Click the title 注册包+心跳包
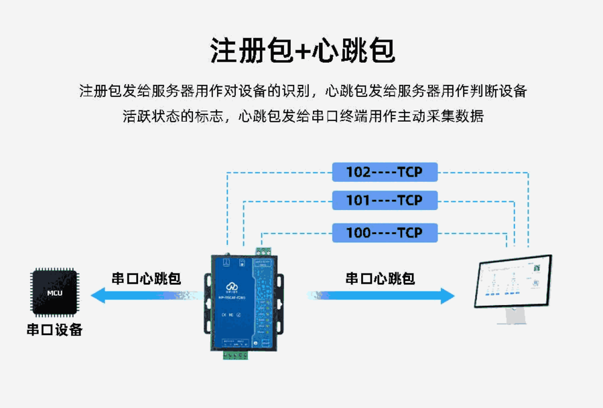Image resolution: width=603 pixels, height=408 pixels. coord(301,50)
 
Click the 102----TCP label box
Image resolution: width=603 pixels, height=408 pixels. coord(385,173)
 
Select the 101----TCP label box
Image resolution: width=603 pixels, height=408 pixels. coord(385,201)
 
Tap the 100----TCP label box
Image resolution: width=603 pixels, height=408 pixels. coord(385,233)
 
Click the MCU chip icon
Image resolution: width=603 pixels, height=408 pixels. coord(55,292)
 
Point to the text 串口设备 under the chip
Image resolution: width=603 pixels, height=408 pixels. coord(55,330)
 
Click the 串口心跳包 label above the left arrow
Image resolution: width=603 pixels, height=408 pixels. coord(146,278)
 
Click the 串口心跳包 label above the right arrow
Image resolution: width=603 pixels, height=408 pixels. coord(380,278)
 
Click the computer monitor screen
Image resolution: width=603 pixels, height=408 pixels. coord(513,282)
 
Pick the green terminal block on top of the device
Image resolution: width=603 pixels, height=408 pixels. coord(264,251)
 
